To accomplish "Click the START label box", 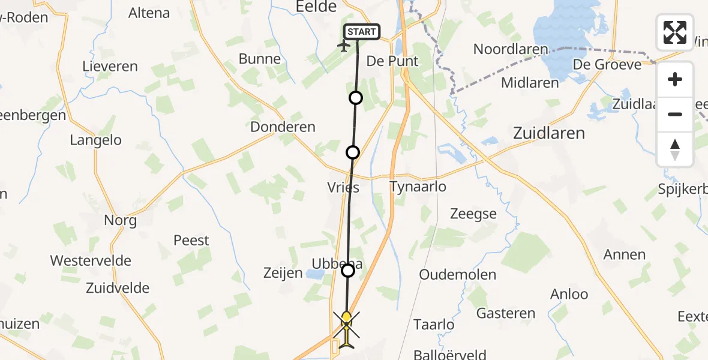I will tap(361, 32).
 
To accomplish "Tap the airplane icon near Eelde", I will tap(345, 46).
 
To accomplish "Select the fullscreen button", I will tap(675, 32).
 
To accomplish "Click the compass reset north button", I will tap(675, 149).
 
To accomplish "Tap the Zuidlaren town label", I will tap(549, 133).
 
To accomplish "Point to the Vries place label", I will tap(343, 188).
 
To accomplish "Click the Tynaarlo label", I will tap(418, 187).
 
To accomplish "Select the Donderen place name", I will tap(283, 127).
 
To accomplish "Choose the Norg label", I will tap(120, 220).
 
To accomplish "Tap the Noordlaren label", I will tap(511, 49).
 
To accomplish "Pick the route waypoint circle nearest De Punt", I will tap(356, 98).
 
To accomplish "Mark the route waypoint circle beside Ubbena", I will tap(348, 271).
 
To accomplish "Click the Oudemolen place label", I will tap(458, 275).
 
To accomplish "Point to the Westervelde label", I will tap(91, 261).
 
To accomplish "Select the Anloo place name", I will tap(569, 294).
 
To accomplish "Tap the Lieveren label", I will tap(110, 67).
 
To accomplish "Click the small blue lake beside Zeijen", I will tap(313, 275).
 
